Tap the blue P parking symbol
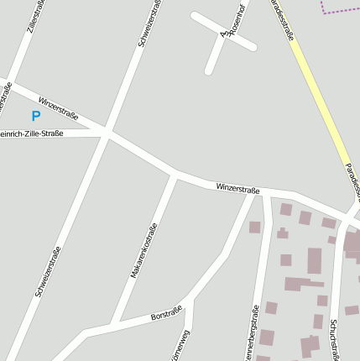click(35, 117)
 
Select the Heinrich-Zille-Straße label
click(33, 133)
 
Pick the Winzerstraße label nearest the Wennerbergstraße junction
click(237, 188)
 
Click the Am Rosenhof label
click(232, 21)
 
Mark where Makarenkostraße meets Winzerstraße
click(175, 175)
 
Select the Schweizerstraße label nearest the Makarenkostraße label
click(48, 270)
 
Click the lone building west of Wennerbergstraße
click(255, 227)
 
